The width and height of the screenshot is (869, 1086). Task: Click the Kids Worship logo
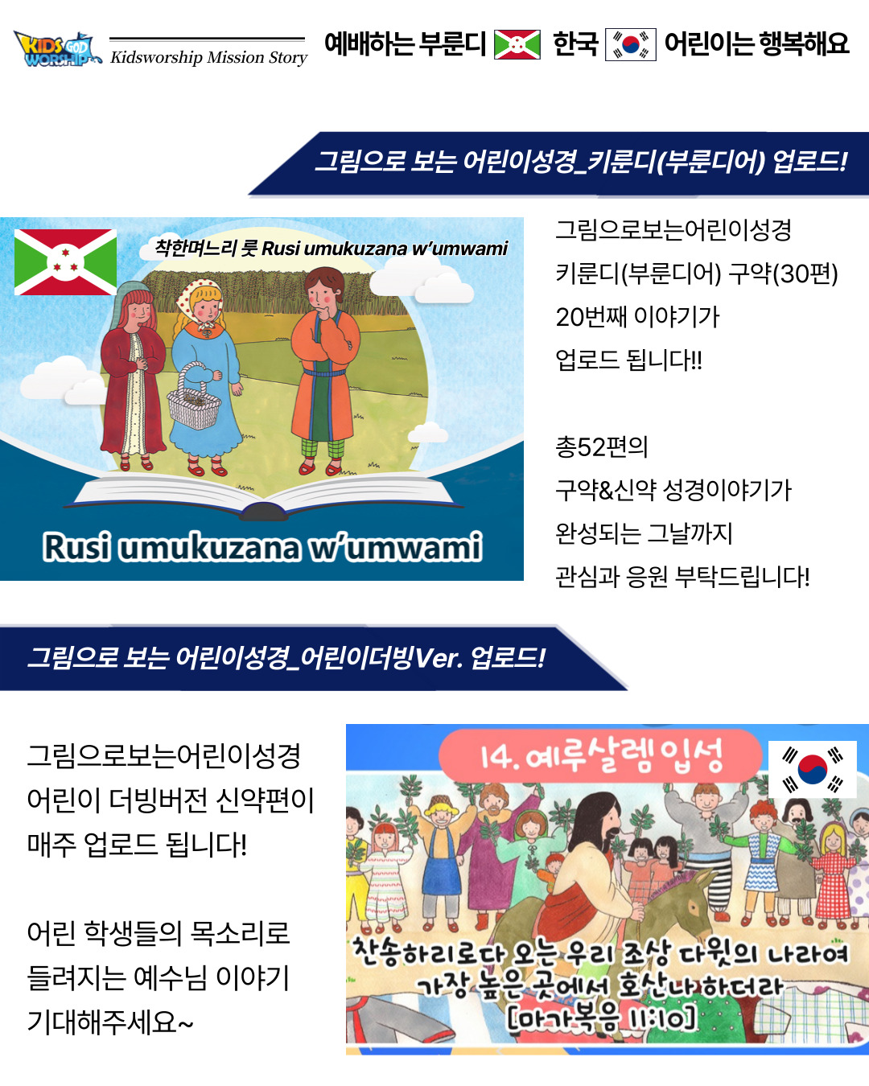tap(56, 49)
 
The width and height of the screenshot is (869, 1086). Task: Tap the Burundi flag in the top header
tap(517, 45)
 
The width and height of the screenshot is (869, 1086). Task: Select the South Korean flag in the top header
tap(631, 45)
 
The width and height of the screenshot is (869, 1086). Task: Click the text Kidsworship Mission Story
tap(208, 57)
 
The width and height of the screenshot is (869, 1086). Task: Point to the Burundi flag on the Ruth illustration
tap(66, 262)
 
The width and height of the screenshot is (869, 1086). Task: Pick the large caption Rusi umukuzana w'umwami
tap(262, 547)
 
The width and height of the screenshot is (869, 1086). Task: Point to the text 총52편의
tap(601, 447)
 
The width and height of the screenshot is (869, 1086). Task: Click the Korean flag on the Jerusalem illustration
tap(812, 769)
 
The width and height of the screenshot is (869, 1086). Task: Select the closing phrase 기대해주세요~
tap(110, 1022)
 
